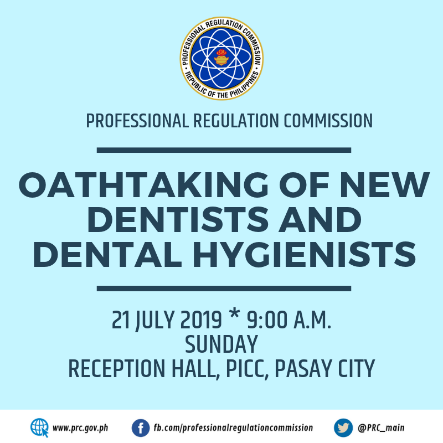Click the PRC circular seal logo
coord(222,58)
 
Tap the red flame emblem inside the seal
coord(221,52)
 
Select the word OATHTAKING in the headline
coord(143,185)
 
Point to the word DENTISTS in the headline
coord(178,220)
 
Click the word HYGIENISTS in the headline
coord(304,254)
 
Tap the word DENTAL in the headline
coord(107,254)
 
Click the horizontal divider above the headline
coord(224,150)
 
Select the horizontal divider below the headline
coord(224,289)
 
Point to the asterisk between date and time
coord(234,314)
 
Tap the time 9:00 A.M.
coord(289,320)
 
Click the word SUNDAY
coord(221,344)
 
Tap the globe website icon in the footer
coord(39,427)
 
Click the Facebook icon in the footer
coord(141,427)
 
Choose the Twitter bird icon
coord(343,427)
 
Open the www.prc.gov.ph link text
coord(80,428)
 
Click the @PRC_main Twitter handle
coord(381,428)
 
